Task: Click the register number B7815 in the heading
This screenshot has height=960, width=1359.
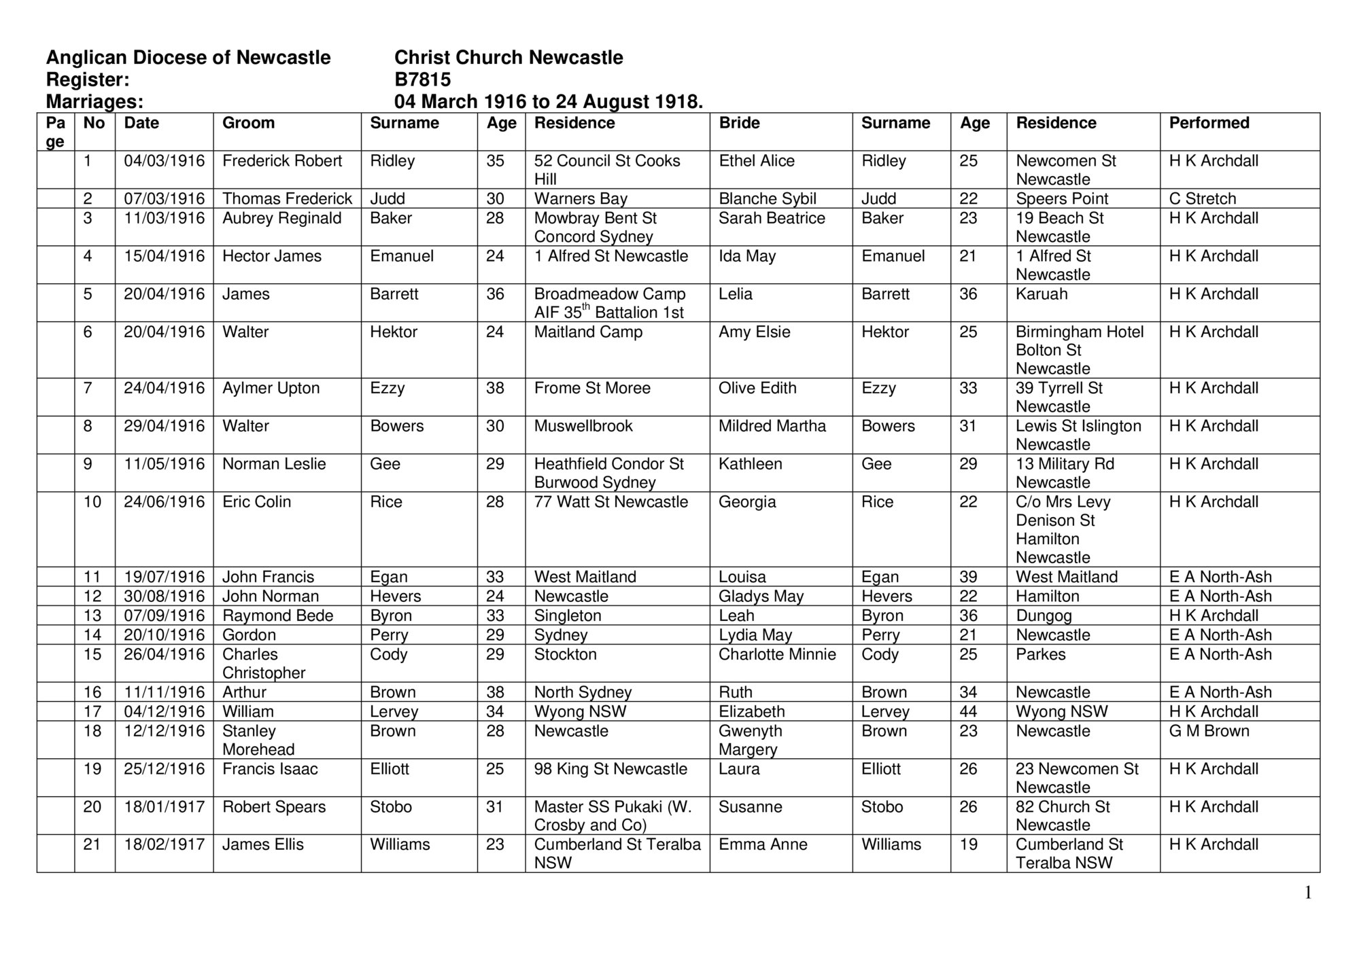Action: coord(422,80)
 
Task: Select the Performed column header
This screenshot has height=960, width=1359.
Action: coord(1209,123)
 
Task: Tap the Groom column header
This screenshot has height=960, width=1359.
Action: coord(248,123)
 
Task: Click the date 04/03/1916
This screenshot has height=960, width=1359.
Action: coord(164,161)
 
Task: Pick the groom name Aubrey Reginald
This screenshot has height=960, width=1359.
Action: coord(281,218)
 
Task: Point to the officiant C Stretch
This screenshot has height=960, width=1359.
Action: coord(1202,199)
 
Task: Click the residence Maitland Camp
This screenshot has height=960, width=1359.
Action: coord(588,332)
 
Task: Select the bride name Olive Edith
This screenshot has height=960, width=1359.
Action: coord(757,389)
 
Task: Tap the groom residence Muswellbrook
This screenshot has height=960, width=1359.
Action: coord(583,427)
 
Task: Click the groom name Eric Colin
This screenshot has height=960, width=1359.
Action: coord(256,502)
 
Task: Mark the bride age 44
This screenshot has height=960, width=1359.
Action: coord(968,712)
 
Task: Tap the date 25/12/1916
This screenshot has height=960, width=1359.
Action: coord(164,769)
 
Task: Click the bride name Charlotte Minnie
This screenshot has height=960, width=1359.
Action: coord(777,654)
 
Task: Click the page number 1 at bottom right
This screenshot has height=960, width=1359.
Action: coord(1307,893)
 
